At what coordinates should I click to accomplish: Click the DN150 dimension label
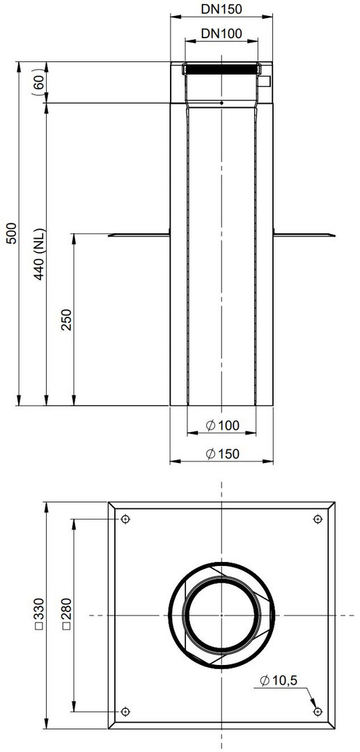pos(221,8)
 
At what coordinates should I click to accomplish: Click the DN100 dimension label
pos(221,33)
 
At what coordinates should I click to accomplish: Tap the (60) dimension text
pos(40,82)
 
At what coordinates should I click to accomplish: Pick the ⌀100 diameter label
pos(222,425)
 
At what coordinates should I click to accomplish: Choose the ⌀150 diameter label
pos(222,454)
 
